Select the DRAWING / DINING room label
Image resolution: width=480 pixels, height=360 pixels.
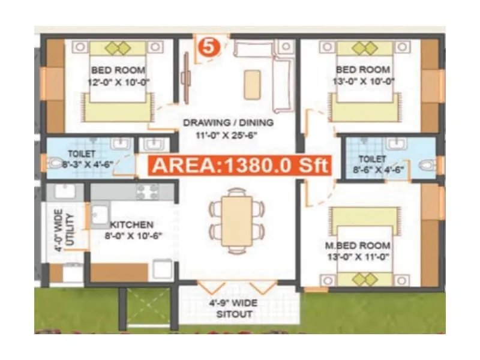(x=228, y=123)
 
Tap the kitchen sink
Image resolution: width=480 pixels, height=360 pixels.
(x=100, y=213)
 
